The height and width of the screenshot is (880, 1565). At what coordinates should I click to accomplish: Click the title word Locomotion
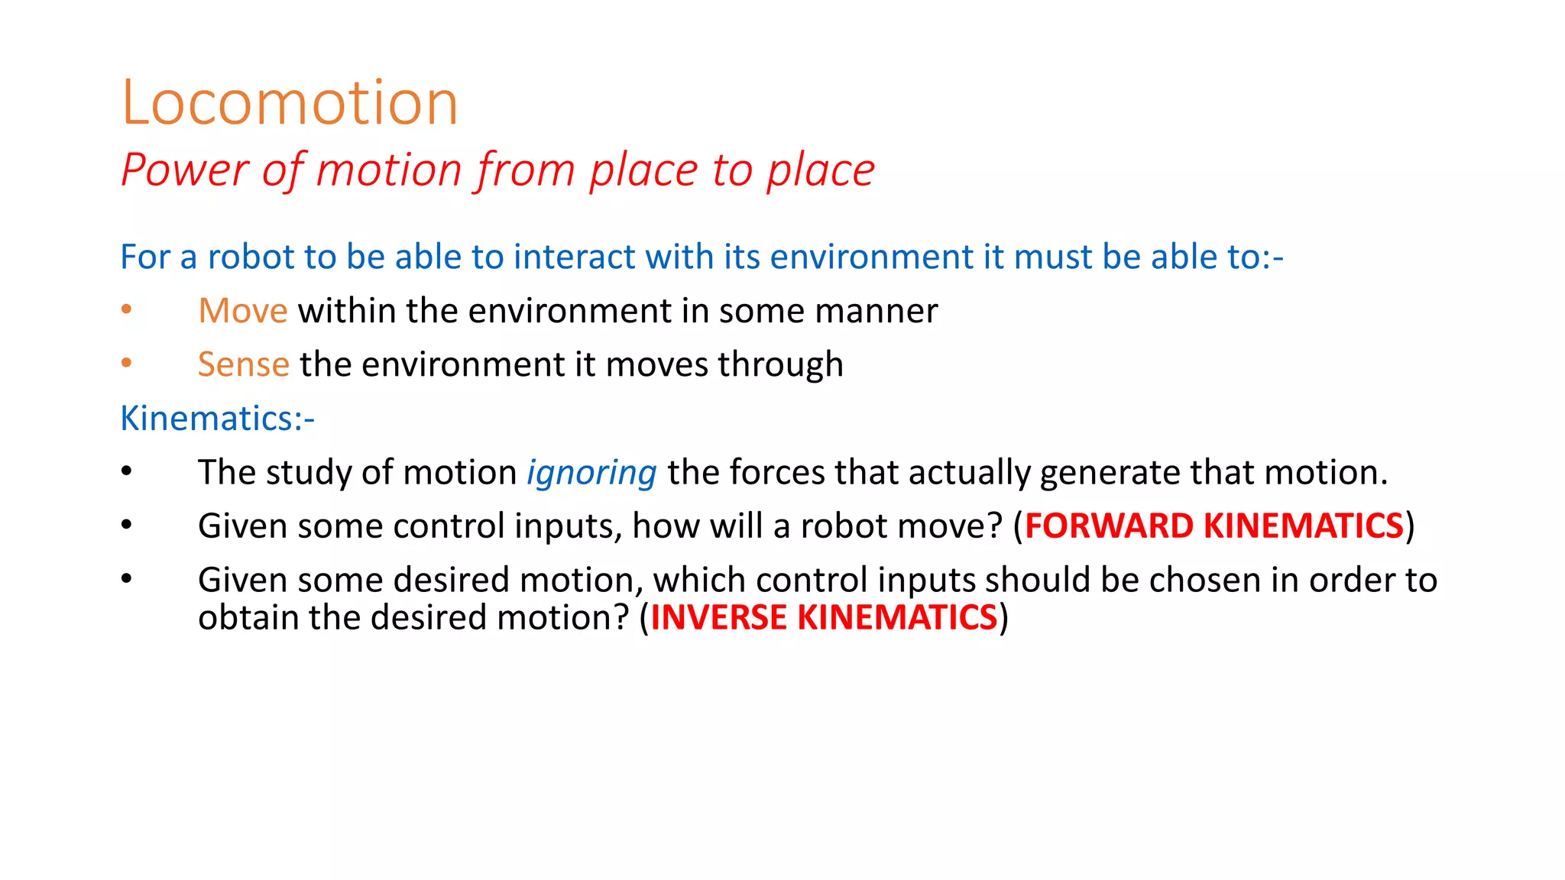(290, 102)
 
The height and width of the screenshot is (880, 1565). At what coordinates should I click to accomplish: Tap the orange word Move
(242, 311)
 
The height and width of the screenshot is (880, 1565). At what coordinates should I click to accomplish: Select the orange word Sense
(243, 364)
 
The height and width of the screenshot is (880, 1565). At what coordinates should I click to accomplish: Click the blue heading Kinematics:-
(217, 419)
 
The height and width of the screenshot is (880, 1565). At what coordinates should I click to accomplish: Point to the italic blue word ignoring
(591, 473)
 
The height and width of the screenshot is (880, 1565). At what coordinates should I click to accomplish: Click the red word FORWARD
(1109, 526)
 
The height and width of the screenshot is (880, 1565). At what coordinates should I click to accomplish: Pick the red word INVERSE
(718, 617)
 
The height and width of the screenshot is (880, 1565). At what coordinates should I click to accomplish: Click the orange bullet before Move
(127, 309)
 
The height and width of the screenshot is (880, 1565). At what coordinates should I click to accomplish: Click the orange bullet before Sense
(127, 363)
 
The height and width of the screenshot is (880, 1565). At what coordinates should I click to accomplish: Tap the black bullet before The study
(127, 471)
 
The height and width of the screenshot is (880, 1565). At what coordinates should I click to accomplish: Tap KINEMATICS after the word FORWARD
(1304, 526)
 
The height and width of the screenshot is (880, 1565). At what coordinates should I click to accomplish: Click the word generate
(1110, 473)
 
